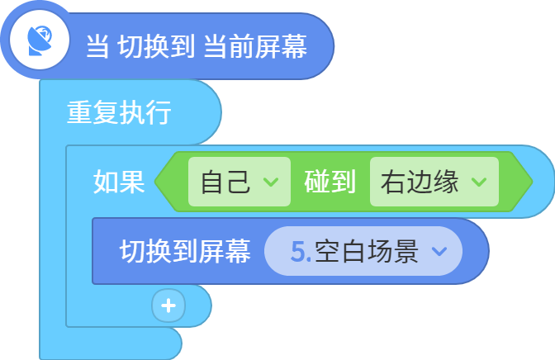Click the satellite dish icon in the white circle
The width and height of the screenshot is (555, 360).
tap(40, 40)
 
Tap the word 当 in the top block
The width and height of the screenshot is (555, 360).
tap(97, 46)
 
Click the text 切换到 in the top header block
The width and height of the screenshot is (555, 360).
tap(156, 46)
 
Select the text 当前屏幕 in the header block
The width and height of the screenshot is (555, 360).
tap(255, 46)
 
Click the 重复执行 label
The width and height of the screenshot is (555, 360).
tap(119, 112)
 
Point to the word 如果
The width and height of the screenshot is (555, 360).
tap(119, 182)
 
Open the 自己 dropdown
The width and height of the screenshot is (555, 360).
tap(240, 182)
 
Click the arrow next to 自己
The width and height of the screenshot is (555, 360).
tap(271, 182)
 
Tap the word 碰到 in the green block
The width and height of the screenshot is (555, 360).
tap(330, 182)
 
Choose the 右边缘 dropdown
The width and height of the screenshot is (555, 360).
tap(434, 182)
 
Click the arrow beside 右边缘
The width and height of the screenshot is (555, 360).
tap(479, 182)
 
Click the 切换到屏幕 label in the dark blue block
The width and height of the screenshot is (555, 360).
tap(185, 251)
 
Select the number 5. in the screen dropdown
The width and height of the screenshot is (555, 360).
tap(301, 251)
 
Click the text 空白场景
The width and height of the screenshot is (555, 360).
tap(367, 251)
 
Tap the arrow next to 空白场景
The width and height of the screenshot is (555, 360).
tap(439, 251)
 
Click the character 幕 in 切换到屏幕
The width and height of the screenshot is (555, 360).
tap(238, 251)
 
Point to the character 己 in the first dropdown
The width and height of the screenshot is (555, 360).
tap(239, 182)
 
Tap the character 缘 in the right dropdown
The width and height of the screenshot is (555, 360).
tap(446, 182)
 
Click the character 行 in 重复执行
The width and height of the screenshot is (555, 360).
tap(159, 112)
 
